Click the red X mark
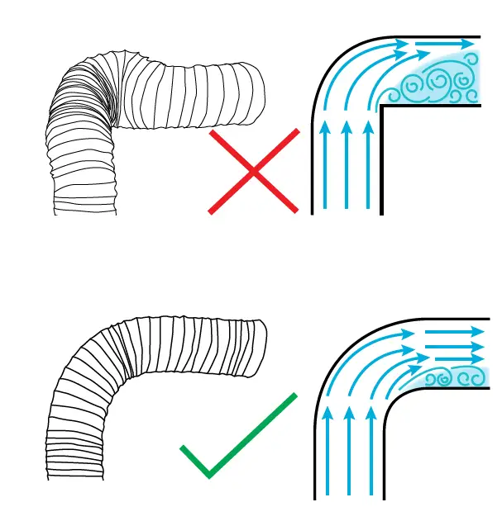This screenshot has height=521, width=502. coord(253,172)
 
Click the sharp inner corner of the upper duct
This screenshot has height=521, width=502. coord(381,107)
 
